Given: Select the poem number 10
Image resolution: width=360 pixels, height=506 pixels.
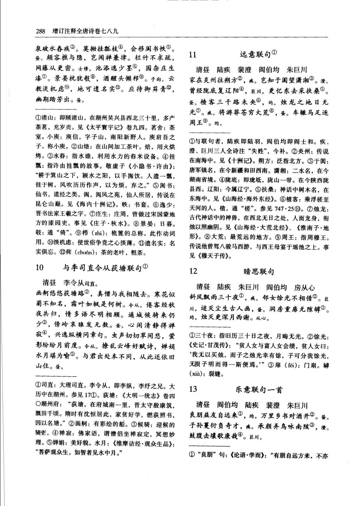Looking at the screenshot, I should [x=39, y=268].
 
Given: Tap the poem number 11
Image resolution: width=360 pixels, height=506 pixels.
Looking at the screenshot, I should [x=192, y=55].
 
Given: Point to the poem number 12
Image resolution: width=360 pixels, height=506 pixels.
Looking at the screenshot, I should [x=193, y=271].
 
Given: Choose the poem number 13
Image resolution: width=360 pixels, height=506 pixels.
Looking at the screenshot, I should [x=193, y=389].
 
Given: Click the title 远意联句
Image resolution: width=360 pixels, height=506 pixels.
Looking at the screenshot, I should [x=255, y=55].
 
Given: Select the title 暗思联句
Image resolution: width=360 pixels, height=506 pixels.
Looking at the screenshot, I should [x=259, y=271].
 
